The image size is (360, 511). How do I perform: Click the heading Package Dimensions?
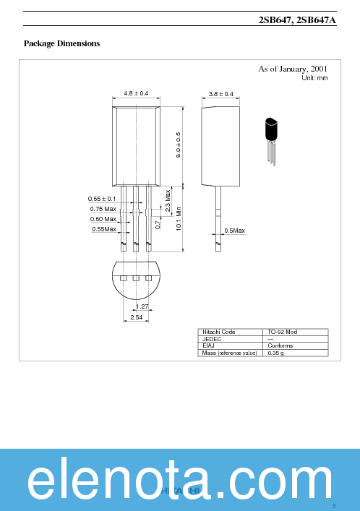pyautogui.click(x=61, y=44)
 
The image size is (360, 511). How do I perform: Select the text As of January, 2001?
pyautogui.click(x=293, y=69)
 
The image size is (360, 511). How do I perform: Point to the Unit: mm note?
pyautogui.click(x=314, y=77)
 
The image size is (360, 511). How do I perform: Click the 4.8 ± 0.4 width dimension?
pyautogui.click(x=136, y=94)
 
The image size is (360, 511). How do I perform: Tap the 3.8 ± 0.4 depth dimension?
pyautogui.click(x=220, y=94)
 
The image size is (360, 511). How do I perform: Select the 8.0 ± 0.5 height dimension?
pyautogui.click(x=178, y=145)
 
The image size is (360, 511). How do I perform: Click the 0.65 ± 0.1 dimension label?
pyautogui.click(x=102, y=199)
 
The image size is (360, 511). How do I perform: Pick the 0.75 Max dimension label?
pyautogui.click(x=103, y=209)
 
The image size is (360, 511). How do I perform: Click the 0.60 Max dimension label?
pyautogui.click(x=103, y=219)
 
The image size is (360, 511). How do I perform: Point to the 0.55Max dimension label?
pyautogui.click(x=104, y=229)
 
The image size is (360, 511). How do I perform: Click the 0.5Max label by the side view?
pyautogui.click(x=234, y=231)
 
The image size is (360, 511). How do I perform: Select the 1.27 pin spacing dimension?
pyautogui.click(x=142, y=306)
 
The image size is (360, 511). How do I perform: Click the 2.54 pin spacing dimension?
pyautogui.click(x=136, y=318)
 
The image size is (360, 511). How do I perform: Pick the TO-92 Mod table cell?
pyautogui.click(x=282, y=332)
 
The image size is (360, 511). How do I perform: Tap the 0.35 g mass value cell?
pyautogui.click(x=275, y=353)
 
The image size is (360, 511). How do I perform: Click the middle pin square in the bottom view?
pyautogui.click(x=136, y=278)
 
